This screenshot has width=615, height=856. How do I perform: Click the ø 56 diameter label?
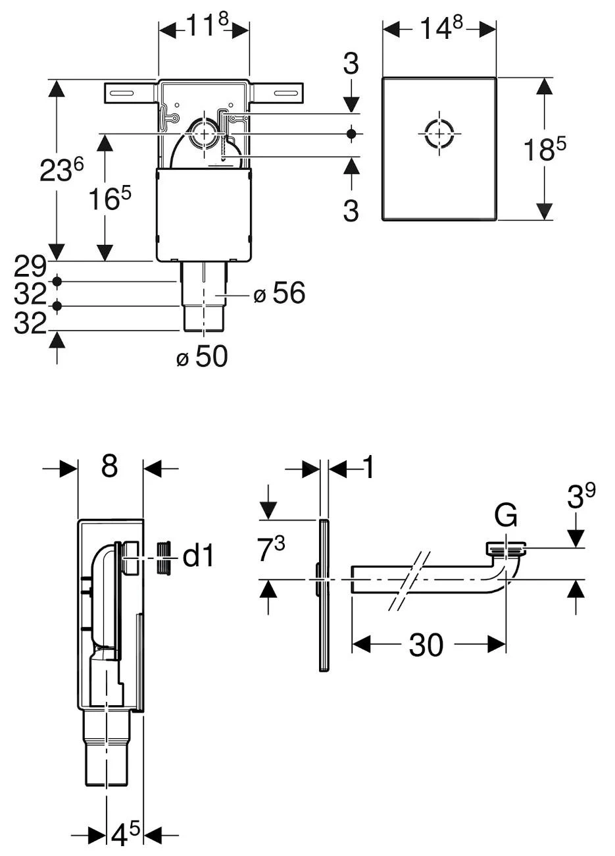click(280, 294)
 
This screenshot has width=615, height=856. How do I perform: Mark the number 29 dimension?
click(30, 266)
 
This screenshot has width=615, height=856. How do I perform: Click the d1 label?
click(198, 556)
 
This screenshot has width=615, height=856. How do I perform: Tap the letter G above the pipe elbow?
click(505, 516)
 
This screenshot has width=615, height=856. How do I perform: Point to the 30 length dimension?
click(426, 645)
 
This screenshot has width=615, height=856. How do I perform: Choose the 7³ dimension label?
click(270, 550)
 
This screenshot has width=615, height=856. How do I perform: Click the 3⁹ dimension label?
click(581, 498)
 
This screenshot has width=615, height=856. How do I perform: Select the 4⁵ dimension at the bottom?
click(125, 834)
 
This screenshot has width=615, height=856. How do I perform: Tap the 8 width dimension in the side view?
click(109, 466)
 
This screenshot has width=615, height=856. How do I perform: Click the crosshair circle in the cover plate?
click(439, 134)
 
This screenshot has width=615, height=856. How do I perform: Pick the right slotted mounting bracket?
click(278, 93)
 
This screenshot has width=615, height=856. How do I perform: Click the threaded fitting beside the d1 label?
click(166, 558)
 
